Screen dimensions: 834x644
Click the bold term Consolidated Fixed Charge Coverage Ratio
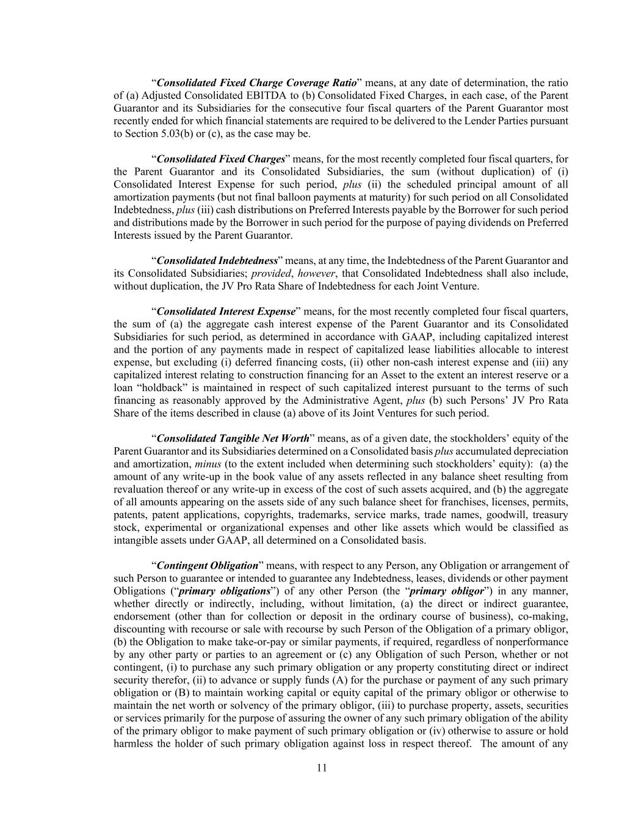[x=256, y=83]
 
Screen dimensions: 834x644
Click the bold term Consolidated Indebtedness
[x=217, y=261]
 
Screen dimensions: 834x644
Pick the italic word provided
[x=271, y=274]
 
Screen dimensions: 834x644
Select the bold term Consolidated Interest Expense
[x=226, y=312]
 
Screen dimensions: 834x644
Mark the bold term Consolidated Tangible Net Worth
[x=233, y=439]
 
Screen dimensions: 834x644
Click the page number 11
[x=322, y=769]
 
